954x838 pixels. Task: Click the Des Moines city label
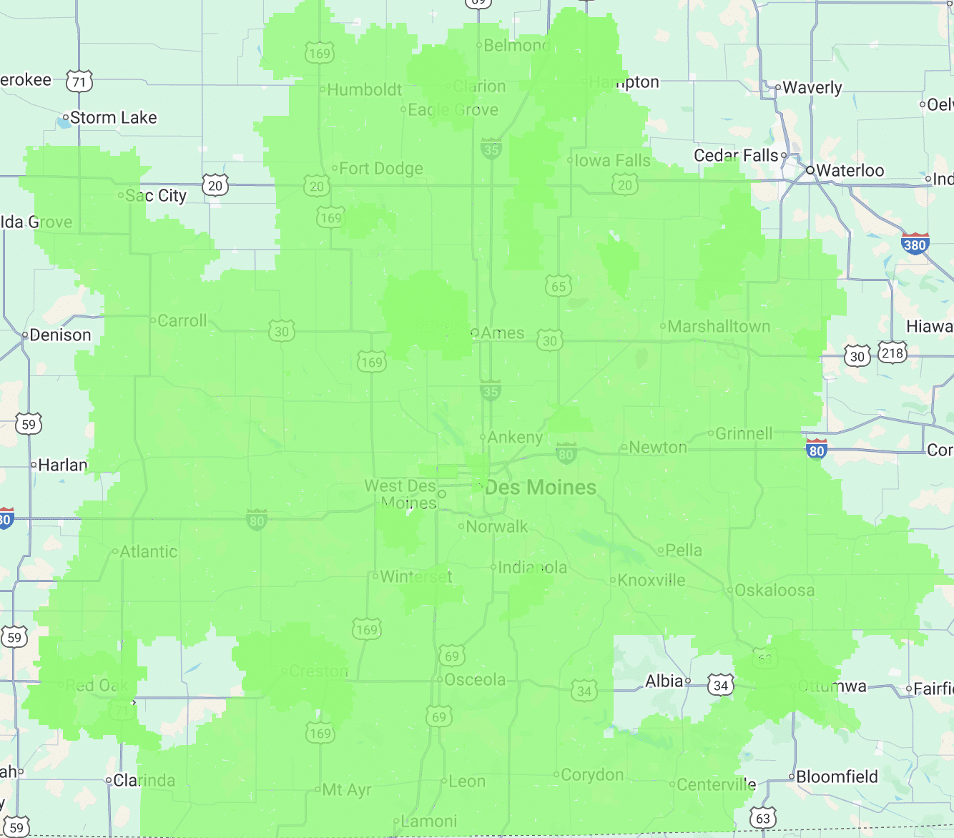click(541, 488)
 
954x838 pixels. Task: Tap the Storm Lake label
click(113, 117)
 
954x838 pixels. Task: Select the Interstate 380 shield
click(915, 244)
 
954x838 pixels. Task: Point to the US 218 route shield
click(892, 353)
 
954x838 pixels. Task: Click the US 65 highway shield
click(559, 287)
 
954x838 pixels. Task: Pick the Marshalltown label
click(719, 327)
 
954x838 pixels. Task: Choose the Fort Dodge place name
click(380, 169)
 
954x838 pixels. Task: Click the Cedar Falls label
click(736, 155)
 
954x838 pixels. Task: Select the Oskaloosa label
click(774, 590)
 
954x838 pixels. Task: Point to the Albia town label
click(664, 681)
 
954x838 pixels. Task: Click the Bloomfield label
click(837, 777)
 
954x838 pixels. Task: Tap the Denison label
click(60, 335)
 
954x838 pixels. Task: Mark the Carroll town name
click(182, 320)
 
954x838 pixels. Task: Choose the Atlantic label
click(149, 551)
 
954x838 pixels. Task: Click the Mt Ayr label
click(347, 789)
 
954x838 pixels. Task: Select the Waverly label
click(812, 87)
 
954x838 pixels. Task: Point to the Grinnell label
click(744, 433)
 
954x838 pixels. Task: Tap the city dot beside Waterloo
click(810, 170)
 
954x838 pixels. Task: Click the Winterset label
click(416, 576)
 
